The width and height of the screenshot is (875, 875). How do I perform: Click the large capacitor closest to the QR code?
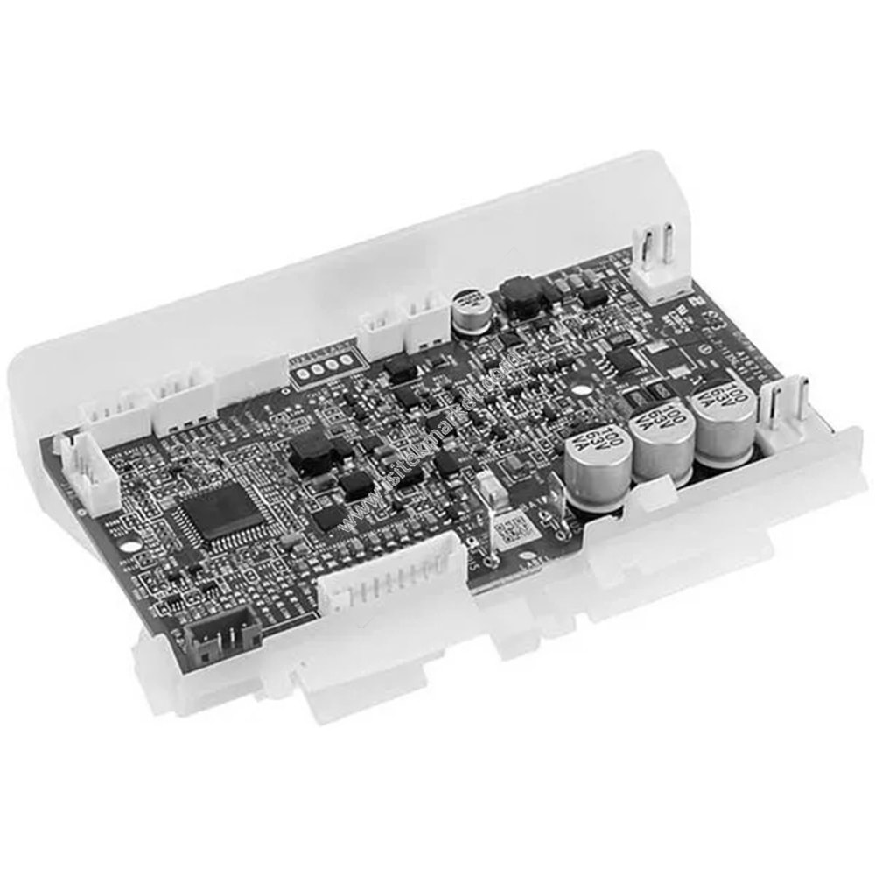(598, 472)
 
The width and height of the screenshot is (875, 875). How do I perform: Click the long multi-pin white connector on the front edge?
(391, 578)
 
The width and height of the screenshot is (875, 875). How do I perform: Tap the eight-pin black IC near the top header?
(623, 359)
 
